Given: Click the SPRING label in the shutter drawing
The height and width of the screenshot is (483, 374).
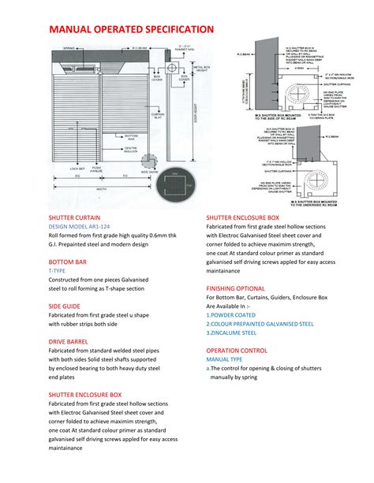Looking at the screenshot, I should [69, 49].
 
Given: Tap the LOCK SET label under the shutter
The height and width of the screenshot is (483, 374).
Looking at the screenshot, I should [77, 168].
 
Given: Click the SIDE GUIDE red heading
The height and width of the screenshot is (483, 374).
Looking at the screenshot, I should [65, 305].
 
